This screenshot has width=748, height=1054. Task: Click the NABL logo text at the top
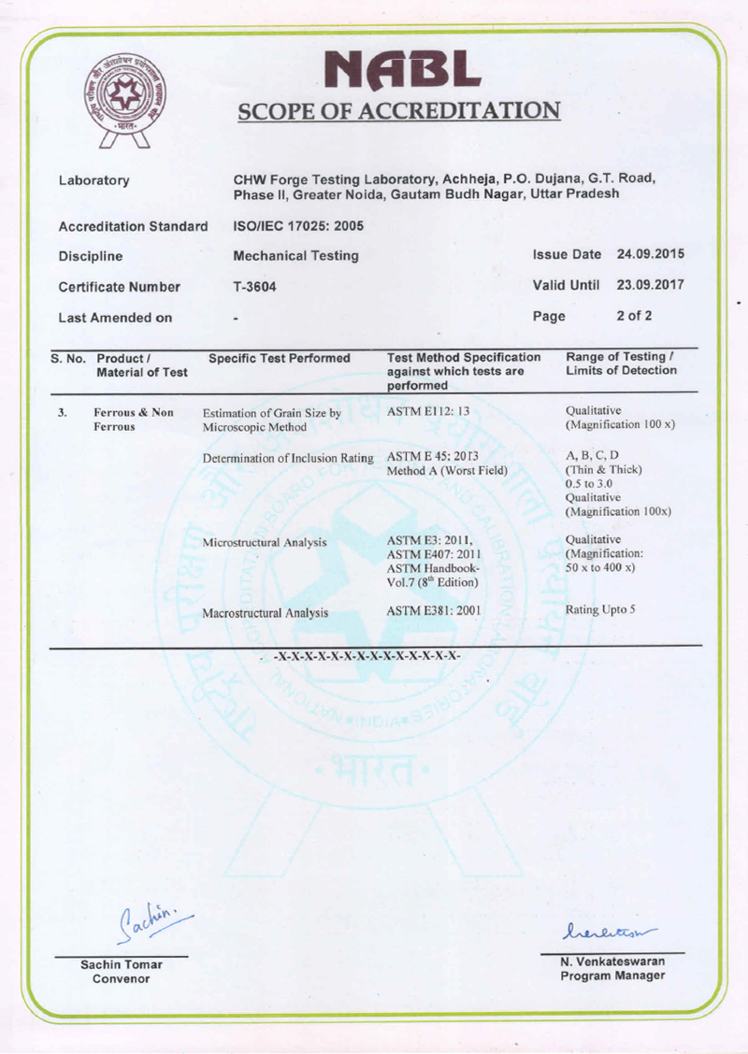[400, 68]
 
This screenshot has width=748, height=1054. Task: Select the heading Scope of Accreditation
[399, 111]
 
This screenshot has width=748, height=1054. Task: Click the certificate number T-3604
[255, 287]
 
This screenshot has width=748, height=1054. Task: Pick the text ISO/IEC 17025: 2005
[297, 226]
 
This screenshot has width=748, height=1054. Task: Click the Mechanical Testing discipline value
[295, 256]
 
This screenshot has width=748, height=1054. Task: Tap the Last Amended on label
[115, 317]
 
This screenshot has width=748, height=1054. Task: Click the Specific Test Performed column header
[279, 358]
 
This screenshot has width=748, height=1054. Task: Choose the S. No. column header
[68, 358]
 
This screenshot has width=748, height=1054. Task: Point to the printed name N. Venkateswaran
[612, 961]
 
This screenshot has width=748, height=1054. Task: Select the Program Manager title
[612, 976]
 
